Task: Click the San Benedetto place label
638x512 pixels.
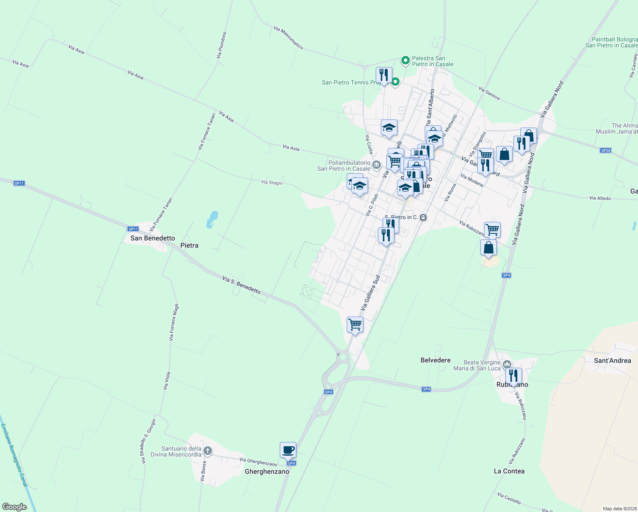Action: [x=153, y=238]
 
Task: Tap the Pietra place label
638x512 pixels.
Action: [x=189, y=245]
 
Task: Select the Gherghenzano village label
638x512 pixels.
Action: [x=267, y=471]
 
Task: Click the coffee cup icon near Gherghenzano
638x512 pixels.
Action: [x=288, y=450]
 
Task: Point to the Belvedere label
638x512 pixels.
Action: [x=435, y=360]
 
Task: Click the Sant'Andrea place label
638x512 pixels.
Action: [x=612, y=361]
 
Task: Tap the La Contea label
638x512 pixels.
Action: [x=509, y=471]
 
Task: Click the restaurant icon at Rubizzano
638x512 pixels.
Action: [x=513, y=376]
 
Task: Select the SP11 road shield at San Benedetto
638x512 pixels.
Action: [x=133, y=229]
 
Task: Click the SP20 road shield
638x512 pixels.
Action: [x=606, y=150]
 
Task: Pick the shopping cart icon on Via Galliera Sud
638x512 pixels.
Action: [x=355, y=325]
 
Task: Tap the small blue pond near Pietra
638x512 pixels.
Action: [x=212, y=219]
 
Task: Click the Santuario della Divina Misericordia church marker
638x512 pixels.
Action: [x=208, y=451]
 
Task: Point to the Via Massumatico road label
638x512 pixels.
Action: [x=288, y=38]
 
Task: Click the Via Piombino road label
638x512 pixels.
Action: [x=221, y=45]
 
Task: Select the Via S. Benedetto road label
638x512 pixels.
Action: [x=241, y=285]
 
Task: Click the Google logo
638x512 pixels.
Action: [x=14, y=507]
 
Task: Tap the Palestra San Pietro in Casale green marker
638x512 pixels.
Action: [x=406, y=61]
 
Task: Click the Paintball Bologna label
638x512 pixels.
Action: [x=615, y=40]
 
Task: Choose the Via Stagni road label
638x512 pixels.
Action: [x=272, y=183]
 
